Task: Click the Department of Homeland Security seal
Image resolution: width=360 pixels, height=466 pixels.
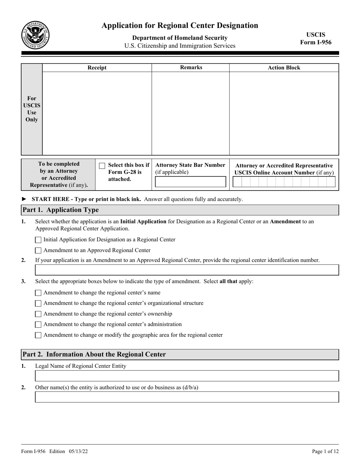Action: [x=35, y=35]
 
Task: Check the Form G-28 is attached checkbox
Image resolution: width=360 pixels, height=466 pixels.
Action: [x=102, y=166]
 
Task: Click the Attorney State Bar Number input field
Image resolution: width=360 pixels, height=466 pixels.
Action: [x=191, y=182]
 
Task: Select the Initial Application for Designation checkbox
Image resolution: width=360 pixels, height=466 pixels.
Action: [x=38, y=240]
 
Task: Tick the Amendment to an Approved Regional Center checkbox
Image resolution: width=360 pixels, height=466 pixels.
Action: [x=38, y=250]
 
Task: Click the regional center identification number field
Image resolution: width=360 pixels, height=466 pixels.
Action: [x=187, y=270]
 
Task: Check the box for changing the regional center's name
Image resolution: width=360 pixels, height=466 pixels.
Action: [x=38, y=293]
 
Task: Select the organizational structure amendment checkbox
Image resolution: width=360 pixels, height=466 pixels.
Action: [x=38, y=303]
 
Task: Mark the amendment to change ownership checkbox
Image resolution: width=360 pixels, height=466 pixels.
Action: [x=38, y=314]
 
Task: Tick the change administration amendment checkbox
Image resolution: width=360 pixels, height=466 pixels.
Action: [x=38, y=325]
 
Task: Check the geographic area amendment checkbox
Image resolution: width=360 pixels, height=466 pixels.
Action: [x=38, y=335]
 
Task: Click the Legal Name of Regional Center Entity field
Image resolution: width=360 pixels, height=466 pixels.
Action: [x=187, y=376]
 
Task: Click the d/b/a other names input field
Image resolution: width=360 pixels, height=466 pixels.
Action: [x=187, y=397]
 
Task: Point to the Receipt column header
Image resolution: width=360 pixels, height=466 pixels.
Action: [x=97, y=68]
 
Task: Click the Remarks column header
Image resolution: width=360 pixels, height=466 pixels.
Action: [x=191, y=67]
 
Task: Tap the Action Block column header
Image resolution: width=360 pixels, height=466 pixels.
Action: [x=284, y=68]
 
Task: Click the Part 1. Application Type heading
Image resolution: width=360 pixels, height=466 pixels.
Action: [x=61, y=210]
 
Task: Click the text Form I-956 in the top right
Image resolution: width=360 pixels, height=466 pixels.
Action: [x=316, y=42]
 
